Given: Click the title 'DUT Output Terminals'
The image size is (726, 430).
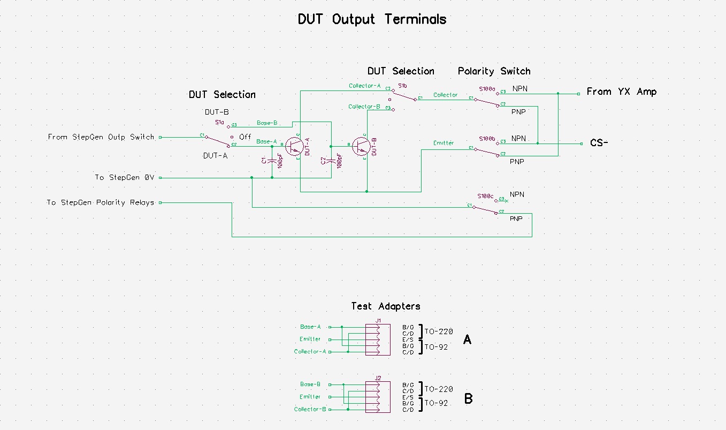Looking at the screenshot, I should pyautogui.click(x=372, y=20).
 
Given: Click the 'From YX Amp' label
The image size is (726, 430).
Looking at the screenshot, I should pyautogui.click(x=621, y=92).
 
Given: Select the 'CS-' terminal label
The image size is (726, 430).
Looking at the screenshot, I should pyautogui.click(x=599, y=143).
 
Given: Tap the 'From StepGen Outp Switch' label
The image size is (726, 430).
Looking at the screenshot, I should pyautogui.click(x=101, y=137).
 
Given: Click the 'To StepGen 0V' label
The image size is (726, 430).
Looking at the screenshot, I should pyautogui.click(x=124, y=177).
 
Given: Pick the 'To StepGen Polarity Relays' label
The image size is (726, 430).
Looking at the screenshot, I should pyautogui.click(x=100, y=202).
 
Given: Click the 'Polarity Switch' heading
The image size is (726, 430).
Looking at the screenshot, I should pyautogui.click(x=494, y=71).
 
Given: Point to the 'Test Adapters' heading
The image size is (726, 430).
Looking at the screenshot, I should pyautogui.click(x=385, y=306).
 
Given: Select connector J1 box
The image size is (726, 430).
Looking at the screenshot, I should pyautogui.click(x=378, y=339).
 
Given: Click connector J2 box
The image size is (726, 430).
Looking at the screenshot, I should pyautogui.click(x=378, y=397).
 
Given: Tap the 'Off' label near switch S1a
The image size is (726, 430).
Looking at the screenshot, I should pyautogui.click(x=245, y=137).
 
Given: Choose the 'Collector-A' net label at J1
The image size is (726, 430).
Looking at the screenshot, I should pyautogui.click(x=310, y=352).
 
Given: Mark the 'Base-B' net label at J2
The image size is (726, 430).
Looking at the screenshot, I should pyautogui.click(x=310, y=384).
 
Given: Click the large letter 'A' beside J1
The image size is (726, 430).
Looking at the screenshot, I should pyautogui.click(x=467, y=340).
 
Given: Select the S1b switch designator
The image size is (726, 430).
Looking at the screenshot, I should pyautogui.click(x=402, y=85).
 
